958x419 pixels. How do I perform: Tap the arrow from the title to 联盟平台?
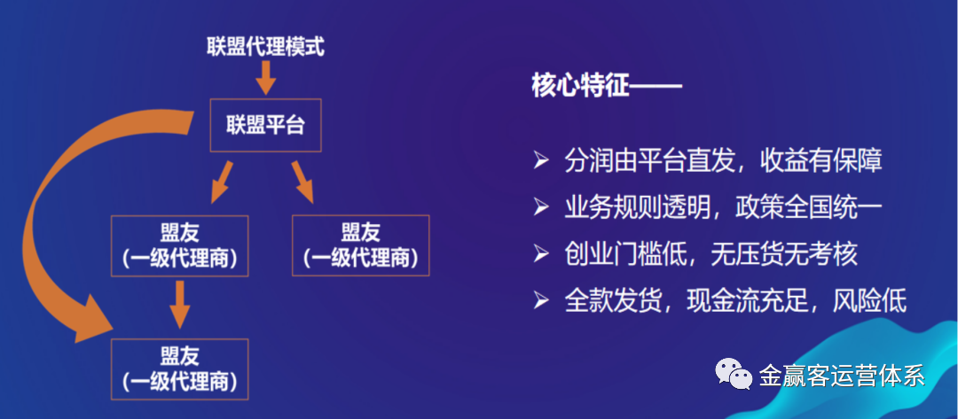coord(264,81)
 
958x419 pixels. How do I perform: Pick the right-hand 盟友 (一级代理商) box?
coord(360,244)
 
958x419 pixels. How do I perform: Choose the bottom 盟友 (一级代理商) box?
coord(180,369)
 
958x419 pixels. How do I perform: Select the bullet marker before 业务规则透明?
coord(540,207)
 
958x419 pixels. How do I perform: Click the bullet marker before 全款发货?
coord(540,301)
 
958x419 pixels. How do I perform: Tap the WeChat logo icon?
coord(732,373)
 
